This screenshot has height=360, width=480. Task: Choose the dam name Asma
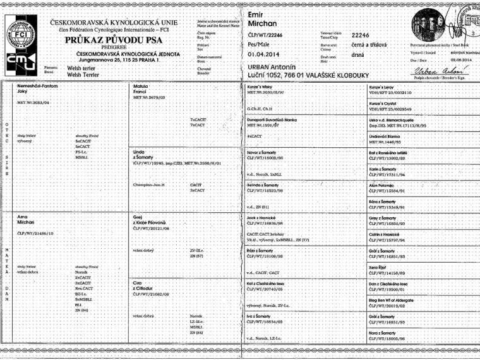coord(27,216)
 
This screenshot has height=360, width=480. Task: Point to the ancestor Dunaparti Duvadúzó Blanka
coord(275,119)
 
